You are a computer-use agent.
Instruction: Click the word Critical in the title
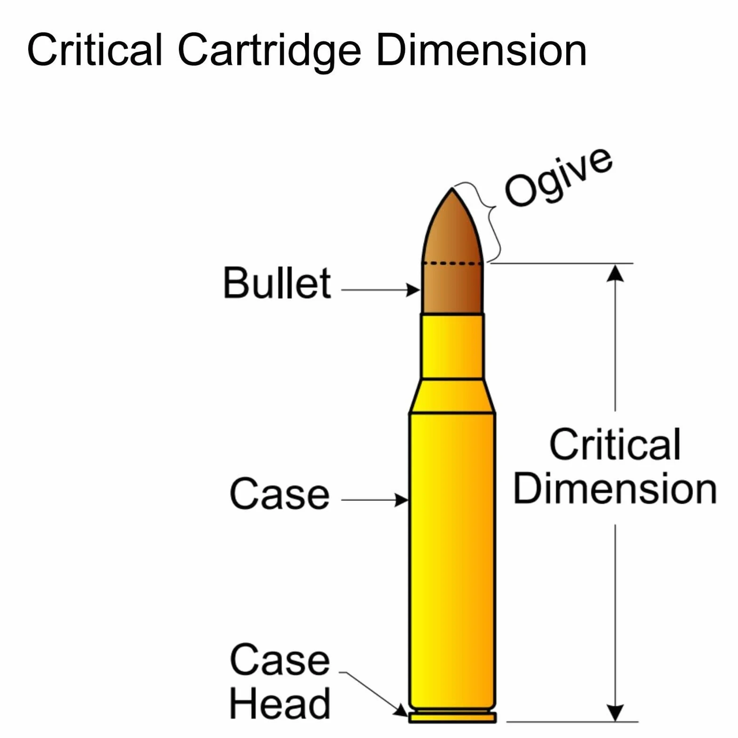95,50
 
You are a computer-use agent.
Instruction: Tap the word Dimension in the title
481,50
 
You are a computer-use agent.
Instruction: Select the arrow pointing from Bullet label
380,289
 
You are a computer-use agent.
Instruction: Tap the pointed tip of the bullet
452,188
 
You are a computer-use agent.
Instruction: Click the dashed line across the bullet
452,264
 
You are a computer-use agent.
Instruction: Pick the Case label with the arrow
280,494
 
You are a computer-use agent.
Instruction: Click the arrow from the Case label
375,500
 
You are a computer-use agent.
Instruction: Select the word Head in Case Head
280,704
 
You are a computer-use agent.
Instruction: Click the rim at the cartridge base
452,717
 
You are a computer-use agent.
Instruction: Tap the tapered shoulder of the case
452,396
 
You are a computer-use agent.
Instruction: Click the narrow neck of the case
452,346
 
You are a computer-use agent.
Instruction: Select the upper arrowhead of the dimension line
615,273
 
